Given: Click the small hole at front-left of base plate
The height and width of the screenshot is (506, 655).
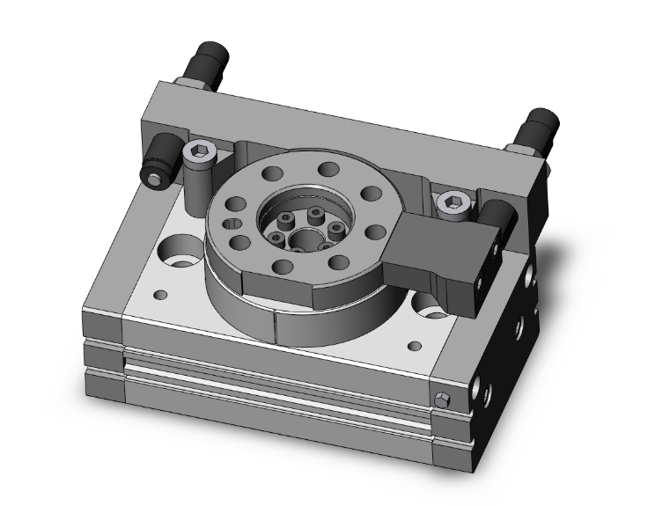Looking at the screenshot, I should pos(161,293).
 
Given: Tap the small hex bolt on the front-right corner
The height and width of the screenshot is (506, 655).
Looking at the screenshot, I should pos(443,404).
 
